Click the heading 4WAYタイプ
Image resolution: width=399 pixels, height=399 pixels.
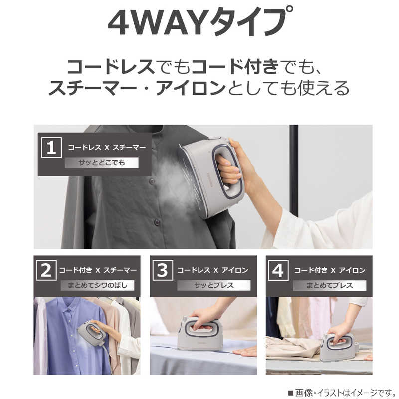(200, 22)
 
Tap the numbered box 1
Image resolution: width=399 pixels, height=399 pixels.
(51, 147)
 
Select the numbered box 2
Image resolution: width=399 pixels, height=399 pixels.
(46, 270)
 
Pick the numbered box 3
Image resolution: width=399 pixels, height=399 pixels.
(163, 270)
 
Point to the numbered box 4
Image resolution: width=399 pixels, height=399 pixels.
(278, 270)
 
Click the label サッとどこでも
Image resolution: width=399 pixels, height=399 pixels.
(102, 163)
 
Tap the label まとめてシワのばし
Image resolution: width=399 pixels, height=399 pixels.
(97, 285)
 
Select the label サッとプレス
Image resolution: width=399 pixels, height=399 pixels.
(214, 285)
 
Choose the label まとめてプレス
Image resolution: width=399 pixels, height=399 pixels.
(330, 285)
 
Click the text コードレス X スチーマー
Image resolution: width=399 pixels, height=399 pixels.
(107, 147)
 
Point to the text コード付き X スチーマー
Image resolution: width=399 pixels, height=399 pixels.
(98, 270)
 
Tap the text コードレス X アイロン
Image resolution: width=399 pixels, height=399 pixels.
(212, 270)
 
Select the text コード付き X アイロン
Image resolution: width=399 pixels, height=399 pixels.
(330, 270)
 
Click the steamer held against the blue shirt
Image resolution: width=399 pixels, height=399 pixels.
(92, 333)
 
